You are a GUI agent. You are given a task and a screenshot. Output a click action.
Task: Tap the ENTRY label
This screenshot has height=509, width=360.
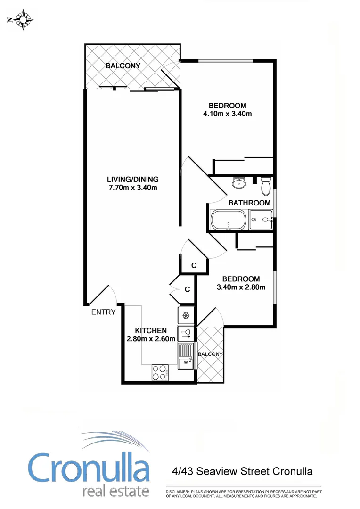103,312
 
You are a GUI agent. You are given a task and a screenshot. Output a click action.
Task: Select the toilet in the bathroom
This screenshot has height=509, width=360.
265,186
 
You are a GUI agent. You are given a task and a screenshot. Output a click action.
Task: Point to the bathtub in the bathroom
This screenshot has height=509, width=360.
228,220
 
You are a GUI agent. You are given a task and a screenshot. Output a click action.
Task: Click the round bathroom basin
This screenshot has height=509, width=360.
239,182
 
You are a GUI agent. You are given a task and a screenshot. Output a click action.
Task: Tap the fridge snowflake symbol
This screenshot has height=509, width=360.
185,315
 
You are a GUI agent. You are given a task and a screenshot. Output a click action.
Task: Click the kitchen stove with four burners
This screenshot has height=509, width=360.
159,372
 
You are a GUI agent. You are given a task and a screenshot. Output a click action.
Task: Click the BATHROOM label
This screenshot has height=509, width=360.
249,203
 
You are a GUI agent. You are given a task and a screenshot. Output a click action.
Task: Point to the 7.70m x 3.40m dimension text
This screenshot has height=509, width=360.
132,188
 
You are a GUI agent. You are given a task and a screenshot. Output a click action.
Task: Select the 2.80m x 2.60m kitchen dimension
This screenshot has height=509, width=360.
151,338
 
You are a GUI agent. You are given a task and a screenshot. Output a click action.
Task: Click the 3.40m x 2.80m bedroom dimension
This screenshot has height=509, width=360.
241,287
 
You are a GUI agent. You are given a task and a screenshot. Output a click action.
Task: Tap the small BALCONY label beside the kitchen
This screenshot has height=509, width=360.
210,354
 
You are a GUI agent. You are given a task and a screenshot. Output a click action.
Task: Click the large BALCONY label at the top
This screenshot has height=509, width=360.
123,66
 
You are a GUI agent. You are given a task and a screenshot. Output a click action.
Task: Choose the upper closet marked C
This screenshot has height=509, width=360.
194,266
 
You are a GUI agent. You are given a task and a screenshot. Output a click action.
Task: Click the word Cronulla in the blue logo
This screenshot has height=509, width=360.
89,467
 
